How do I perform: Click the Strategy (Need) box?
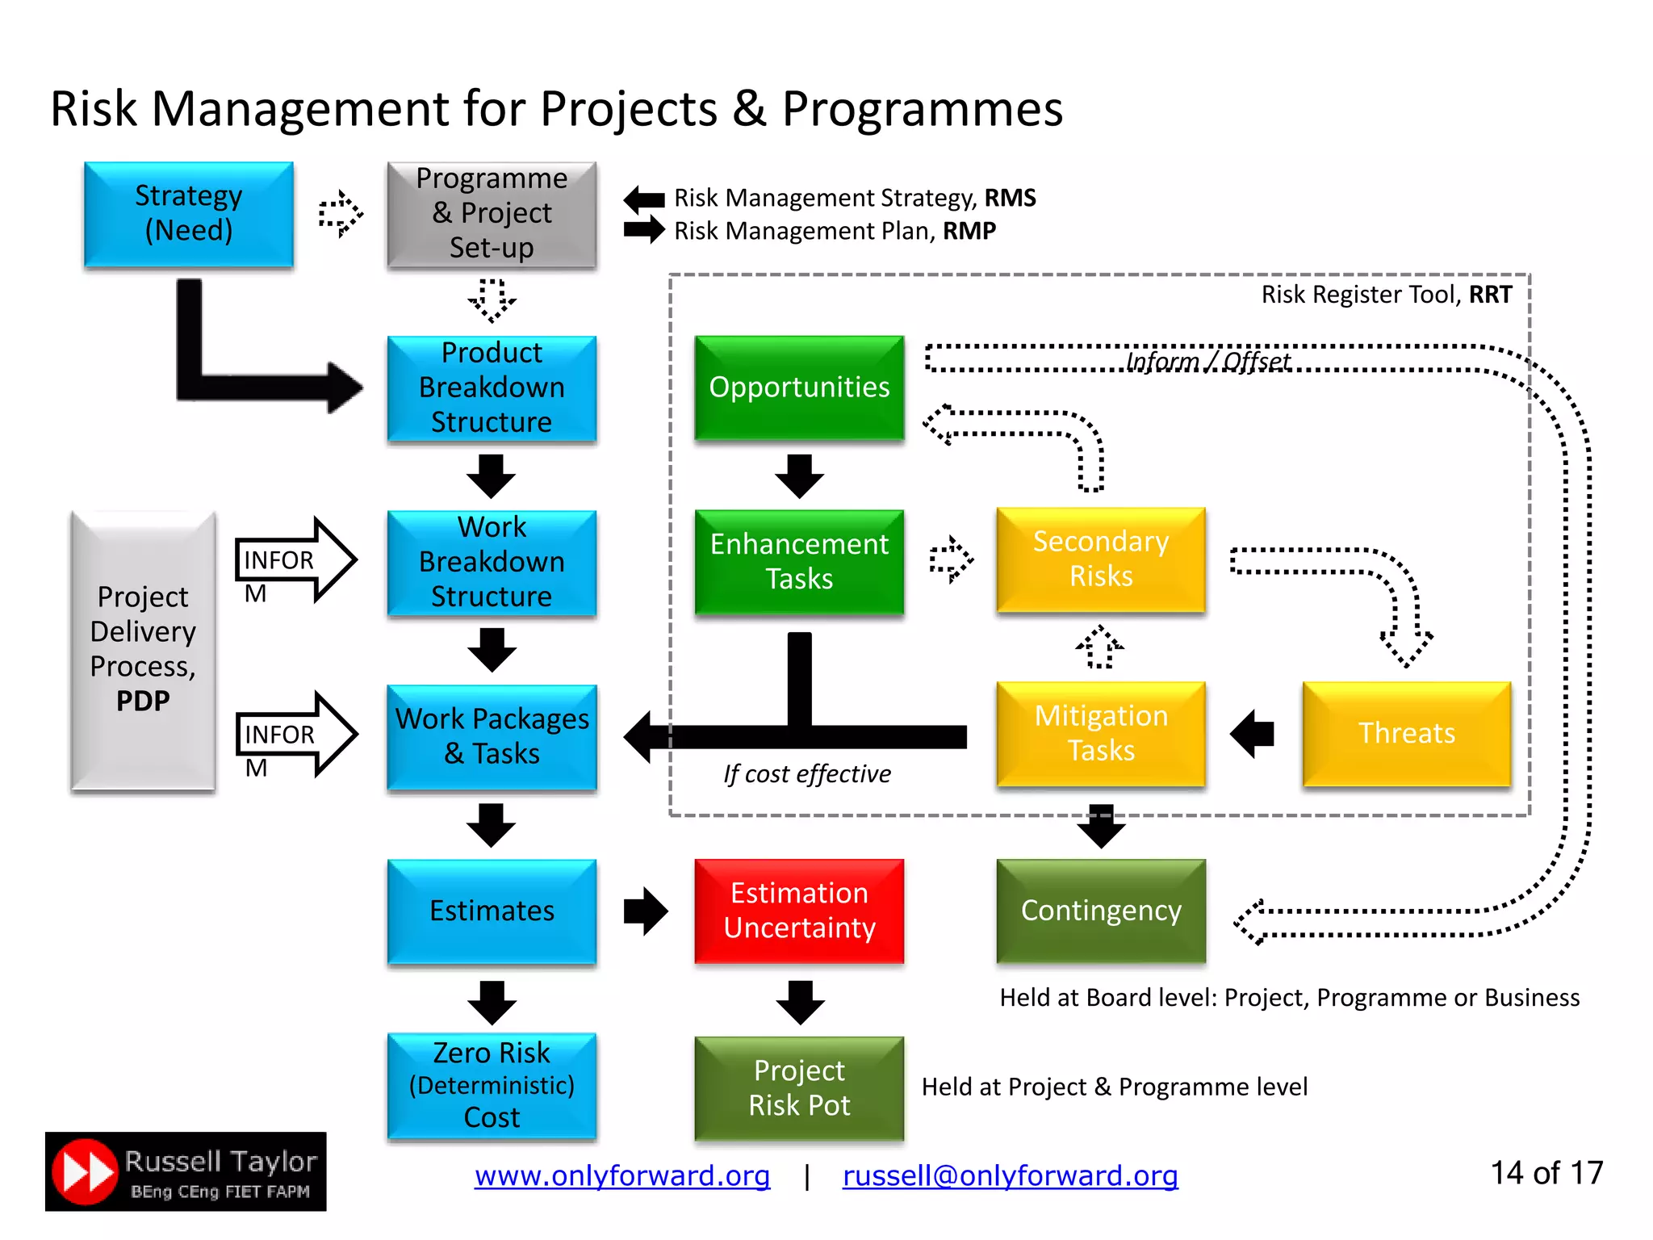[188, 214]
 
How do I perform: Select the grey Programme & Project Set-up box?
[492, 214]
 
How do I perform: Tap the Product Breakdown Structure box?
[492, 388]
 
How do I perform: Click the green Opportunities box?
[799, 387]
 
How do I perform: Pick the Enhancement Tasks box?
[799, 562]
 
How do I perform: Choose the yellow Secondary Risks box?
[1101, 559]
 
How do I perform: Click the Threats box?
[1406, 734]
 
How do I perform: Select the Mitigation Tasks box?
[1101, 734]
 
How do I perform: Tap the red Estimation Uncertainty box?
[799, 911]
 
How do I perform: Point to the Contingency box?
[1101, 911]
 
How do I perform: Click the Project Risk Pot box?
[799, 1087]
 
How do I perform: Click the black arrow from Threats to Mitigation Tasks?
[1252, 734]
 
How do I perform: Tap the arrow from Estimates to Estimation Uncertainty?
[646, 911]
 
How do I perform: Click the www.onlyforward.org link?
[621, 1175]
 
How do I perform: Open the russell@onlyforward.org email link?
[1010, 1175]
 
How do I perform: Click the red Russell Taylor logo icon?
[85, 1171]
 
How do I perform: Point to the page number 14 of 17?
[1546, 1173]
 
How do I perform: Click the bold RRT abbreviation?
[1490, 295]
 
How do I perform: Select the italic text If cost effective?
[807, 774]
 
